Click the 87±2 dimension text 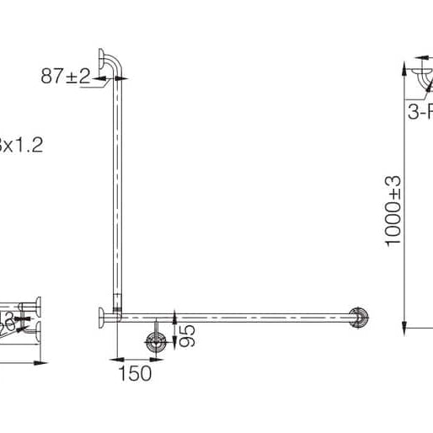tap(65, 76)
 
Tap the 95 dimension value tap(189, 335)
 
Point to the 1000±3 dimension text tap(393, 211)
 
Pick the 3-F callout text tap(420, 110)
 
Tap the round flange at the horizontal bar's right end tap(360, 317)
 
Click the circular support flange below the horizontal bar tap(156, 341)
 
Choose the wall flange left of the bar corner tap(101, 317)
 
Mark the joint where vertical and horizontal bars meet tap(117, 316)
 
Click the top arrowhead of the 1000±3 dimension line tap(405, 63)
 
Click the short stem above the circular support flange tap(156, 327)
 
